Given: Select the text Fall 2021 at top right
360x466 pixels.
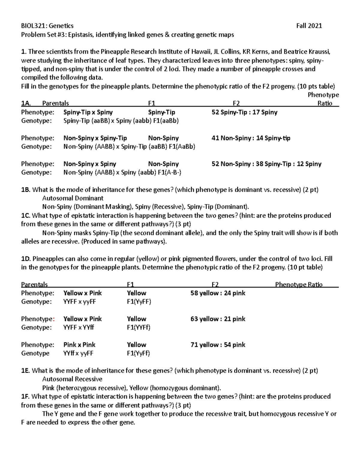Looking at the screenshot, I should [x=309, y=26].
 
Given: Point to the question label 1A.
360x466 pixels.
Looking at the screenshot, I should [x=26, y=104].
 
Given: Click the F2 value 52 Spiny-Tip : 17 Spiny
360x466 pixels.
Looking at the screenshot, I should [x=244, y=113].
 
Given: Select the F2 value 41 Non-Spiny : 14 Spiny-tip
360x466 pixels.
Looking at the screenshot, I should [x=251, y=138].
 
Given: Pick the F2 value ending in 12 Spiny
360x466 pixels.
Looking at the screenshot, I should [x=266, y=164].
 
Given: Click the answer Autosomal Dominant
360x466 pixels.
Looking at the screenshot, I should [x=73, y=198].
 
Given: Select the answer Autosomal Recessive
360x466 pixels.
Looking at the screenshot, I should [x=72, y=379].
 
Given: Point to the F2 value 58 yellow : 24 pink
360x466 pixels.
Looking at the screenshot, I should [x=217, y=293].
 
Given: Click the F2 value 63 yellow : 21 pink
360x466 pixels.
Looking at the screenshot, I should [x=217, y=319].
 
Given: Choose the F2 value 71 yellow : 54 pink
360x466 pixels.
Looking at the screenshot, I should [x=217, y=345].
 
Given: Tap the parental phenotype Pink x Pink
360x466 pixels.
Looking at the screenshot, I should [x=79, y=345].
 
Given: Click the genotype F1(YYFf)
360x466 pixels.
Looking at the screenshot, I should [x=139, y=327].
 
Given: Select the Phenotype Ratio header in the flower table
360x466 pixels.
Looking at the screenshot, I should [x=298, y=284].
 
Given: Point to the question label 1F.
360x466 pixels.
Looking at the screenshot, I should [x=25, y=397].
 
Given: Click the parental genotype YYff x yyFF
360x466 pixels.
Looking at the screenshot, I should [x=78, y=353].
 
